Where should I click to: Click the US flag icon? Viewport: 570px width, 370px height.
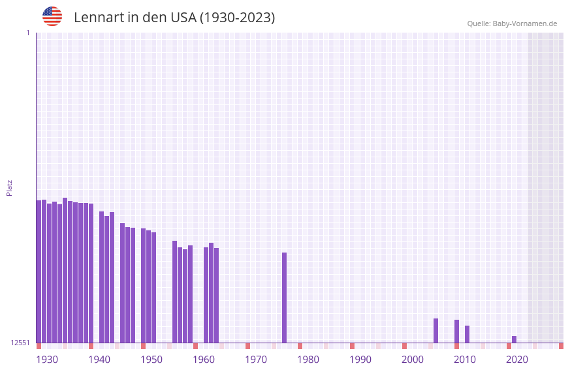(x=52, y=16)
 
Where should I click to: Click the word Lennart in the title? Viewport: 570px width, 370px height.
(x=97, y=18)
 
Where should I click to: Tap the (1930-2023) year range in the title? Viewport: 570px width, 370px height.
(x=237, y=18)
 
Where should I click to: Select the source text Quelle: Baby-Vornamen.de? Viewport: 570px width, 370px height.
(x=512, y=23)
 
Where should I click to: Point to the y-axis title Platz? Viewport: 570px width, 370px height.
(x=9, y=187)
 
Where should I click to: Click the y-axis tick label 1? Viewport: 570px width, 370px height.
(x=27, y=33)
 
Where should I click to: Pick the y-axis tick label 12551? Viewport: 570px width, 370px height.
(x=20, y=343)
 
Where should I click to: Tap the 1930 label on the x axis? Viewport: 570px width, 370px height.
(x=47, y=360)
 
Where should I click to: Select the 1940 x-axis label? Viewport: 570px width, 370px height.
(x=99, y=360)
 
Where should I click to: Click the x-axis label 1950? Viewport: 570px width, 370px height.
(x=151, y=360)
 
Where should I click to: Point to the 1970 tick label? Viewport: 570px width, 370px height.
(x=256, y=360)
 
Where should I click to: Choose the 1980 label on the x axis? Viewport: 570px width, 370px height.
(x=308, y=360)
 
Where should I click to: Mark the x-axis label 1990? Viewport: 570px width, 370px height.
(x=360, y=360)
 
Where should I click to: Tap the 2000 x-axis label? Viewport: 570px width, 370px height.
(x=413, y=360)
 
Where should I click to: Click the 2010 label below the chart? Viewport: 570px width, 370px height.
(x=465, y=360)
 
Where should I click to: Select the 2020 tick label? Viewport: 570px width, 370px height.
(x=517, y=360)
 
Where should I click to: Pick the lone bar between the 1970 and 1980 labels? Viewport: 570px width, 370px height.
(x=284, y=297)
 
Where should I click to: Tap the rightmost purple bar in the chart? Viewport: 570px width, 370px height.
(x=514, y=339)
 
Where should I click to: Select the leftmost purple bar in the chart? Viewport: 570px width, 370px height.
(x=39, y=271)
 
